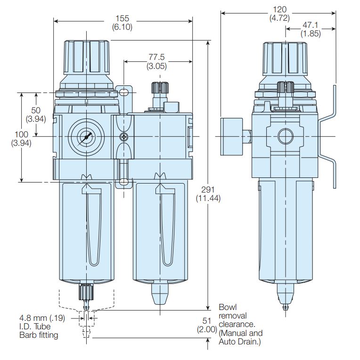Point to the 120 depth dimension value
(x=279, y=10)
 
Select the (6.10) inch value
(x=122, y=27)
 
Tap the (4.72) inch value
(x=279, y=18)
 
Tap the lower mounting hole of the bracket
(x=123, y=182)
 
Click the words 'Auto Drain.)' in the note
(x=240, y=341)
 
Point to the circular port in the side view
(x=286, y=137)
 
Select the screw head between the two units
(x=124, y=137)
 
